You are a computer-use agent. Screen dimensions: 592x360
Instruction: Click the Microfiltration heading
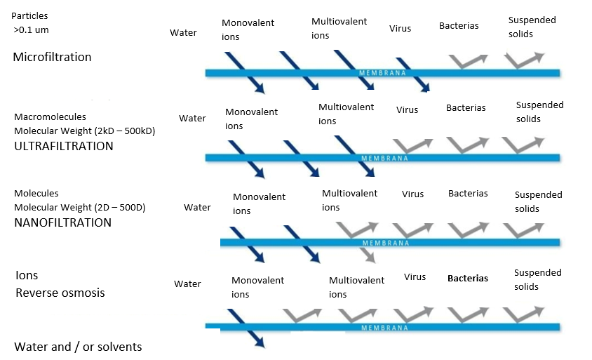pos(52,57)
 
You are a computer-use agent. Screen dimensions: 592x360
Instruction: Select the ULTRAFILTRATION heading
pos(63,146)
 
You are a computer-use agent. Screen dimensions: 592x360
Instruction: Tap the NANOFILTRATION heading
pos(62,222)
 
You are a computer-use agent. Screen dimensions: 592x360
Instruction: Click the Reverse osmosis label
pos(60,293)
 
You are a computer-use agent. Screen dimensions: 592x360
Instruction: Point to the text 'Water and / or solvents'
pos(78,347)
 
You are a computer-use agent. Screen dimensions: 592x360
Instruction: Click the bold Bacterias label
pos(468,279)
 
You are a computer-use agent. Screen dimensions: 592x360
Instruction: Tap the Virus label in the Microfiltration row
pos(401,28)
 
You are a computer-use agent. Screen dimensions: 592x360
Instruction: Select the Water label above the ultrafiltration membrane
pos(192,118)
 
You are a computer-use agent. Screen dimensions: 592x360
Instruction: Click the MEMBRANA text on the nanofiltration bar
pos(386,243)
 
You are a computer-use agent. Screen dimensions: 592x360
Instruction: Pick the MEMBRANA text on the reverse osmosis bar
pos(384,328)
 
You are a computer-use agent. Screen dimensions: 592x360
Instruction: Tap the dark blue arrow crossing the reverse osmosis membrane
pos(246,328)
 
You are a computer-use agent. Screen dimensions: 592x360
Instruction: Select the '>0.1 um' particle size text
pos(32,30)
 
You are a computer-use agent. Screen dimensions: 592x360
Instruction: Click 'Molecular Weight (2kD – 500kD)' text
pos(85,131)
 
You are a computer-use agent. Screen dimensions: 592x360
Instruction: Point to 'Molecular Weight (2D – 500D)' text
pos(80,208)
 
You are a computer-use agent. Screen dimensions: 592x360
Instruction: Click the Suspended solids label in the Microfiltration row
pos(532,27)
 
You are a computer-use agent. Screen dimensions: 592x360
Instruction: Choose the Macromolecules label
pos(51,116)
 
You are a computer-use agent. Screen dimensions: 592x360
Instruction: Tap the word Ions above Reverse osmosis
pos(27,275)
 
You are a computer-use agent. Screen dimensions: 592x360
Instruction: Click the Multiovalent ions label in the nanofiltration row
pos(349,200)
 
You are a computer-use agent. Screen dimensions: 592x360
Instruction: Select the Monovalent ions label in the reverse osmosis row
pos(258,287)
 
